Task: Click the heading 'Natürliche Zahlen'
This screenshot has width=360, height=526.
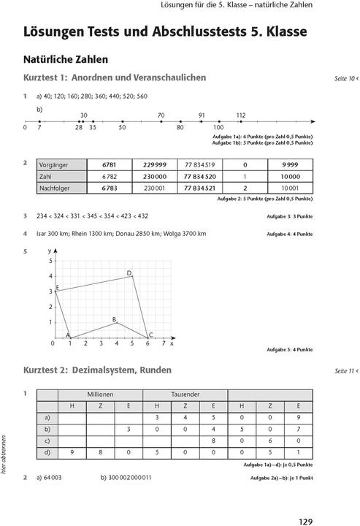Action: point(65,58)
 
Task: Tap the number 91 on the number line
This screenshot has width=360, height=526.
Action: point(202,115)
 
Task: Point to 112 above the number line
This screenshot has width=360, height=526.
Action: point(241,115)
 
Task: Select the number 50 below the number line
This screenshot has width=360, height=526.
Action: point(122,128)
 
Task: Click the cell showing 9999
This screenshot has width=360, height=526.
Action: point(288,164)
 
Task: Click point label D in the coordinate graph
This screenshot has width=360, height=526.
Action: point(129,273)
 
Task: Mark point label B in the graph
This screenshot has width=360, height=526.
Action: point(114,320)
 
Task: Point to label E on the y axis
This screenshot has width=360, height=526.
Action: point(57,289)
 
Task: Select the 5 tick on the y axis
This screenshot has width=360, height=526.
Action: point(50,261)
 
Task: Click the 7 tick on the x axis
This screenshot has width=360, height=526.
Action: point(163,343)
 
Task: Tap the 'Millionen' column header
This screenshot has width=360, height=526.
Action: point(99,394)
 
